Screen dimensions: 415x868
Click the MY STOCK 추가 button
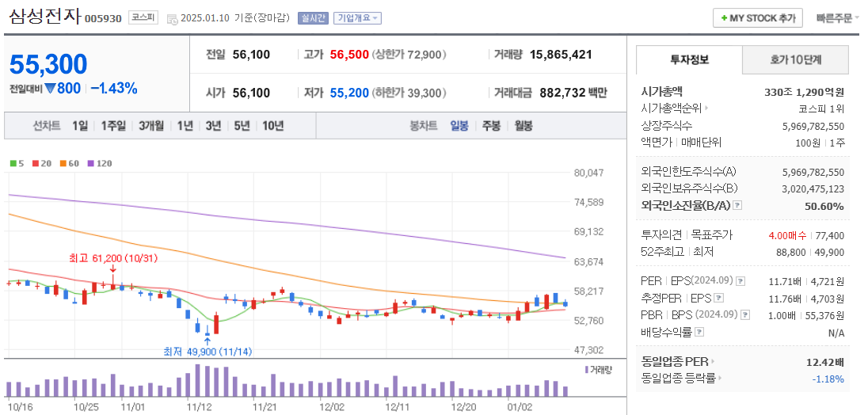coord(758,17)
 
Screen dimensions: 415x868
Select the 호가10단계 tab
coord(795,59)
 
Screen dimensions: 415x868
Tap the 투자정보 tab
coord(689,59)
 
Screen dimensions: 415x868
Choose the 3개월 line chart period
coord(151,125)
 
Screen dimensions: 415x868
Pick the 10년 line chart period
coord(273,125)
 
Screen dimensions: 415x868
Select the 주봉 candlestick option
coord(491,125)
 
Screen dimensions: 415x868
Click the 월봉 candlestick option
coord(523,125)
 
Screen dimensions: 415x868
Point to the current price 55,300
coord(48,64)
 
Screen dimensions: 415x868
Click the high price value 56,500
coord(349,55)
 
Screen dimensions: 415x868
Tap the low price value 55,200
coord(349,93)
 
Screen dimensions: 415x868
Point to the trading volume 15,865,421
coord(561,55)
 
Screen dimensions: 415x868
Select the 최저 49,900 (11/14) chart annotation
coord(207,351)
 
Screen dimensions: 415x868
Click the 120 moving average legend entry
coord(100,163)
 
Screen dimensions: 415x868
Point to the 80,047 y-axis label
coord(588,173)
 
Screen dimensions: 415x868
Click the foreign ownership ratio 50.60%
coord(826,206)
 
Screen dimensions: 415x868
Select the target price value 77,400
coord(829,235)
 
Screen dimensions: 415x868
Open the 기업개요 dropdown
coord(357,17)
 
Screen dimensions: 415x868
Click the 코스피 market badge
coord(143,17)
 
